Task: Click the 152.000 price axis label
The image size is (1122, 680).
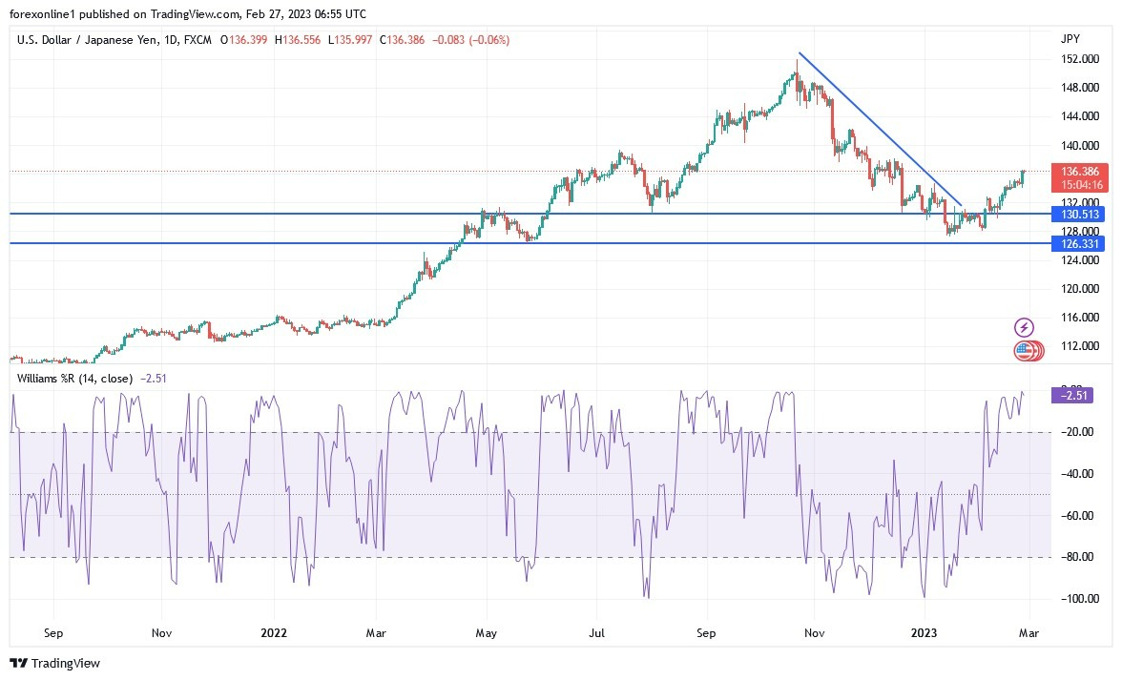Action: (x=1076, y=59)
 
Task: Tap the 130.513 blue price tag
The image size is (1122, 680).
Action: (x=1078, y=214)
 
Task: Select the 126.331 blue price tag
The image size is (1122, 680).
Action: (x=1078, y=243)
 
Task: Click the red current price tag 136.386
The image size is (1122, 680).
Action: (x=1078, y=171)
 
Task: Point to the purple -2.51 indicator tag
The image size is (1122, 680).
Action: (x=1077, y=395)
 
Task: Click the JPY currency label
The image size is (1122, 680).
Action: (x=1070, y=39)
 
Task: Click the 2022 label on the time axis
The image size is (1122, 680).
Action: (x=275, y=631)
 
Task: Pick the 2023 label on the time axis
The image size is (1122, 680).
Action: (x=925, y=631)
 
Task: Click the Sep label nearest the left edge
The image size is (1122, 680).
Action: (x=53, y=631)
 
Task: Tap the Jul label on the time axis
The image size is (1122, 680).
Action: (x=597, y=631)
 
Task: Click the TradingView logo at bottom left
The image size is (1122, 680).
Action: (x=54, y=663)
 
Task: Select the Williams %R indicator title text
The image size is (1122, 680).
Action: (x=76, y=379)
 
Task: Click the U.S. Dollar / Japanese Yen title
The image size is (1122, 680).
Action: (x=89, y=40)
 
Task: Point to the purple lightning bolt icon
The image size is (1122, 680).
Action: (x=1024, y=327)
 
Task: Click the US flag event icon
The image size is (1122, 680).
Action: (x=1024, y=351)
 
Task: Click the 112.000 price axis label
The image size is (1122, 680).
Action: (x=1076, y=346)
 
